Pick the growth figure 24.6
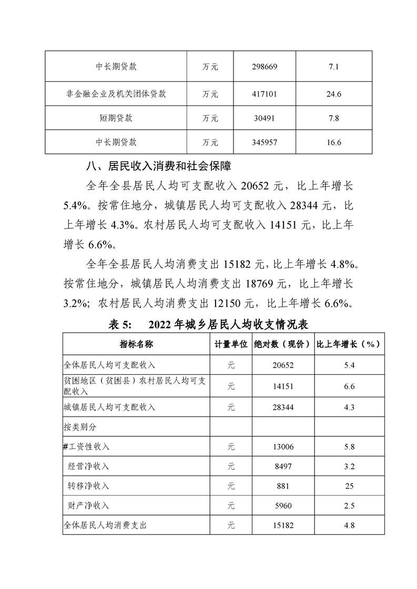[334, 94]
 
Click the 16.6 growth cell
[334, 142]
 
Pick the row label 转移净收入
[88, 486]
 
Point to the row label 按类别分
[80, 427]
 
